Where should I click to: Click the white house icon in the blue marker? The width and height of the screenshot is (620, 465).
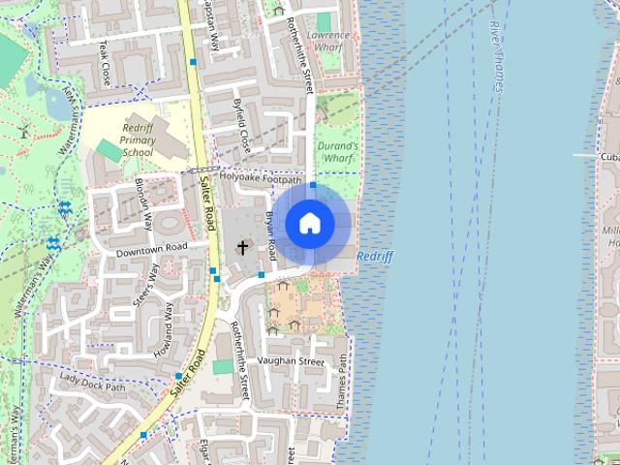[309, 223]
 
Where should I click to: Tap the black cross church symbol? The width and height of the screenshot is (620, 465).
[242, 248]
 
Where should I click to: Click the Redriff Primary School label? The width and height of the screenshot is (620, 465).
[138, 139]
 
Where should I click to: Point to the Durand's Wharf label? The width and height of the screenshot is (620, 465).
[338, 151]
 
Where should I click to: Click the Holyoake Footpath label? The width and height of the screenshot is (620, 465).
[261, 178]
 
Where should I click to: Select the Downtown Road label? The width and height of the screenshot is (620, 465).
[150, 249]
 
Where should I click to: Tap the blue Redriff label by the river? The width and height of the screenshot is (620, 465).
[374, 256]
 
